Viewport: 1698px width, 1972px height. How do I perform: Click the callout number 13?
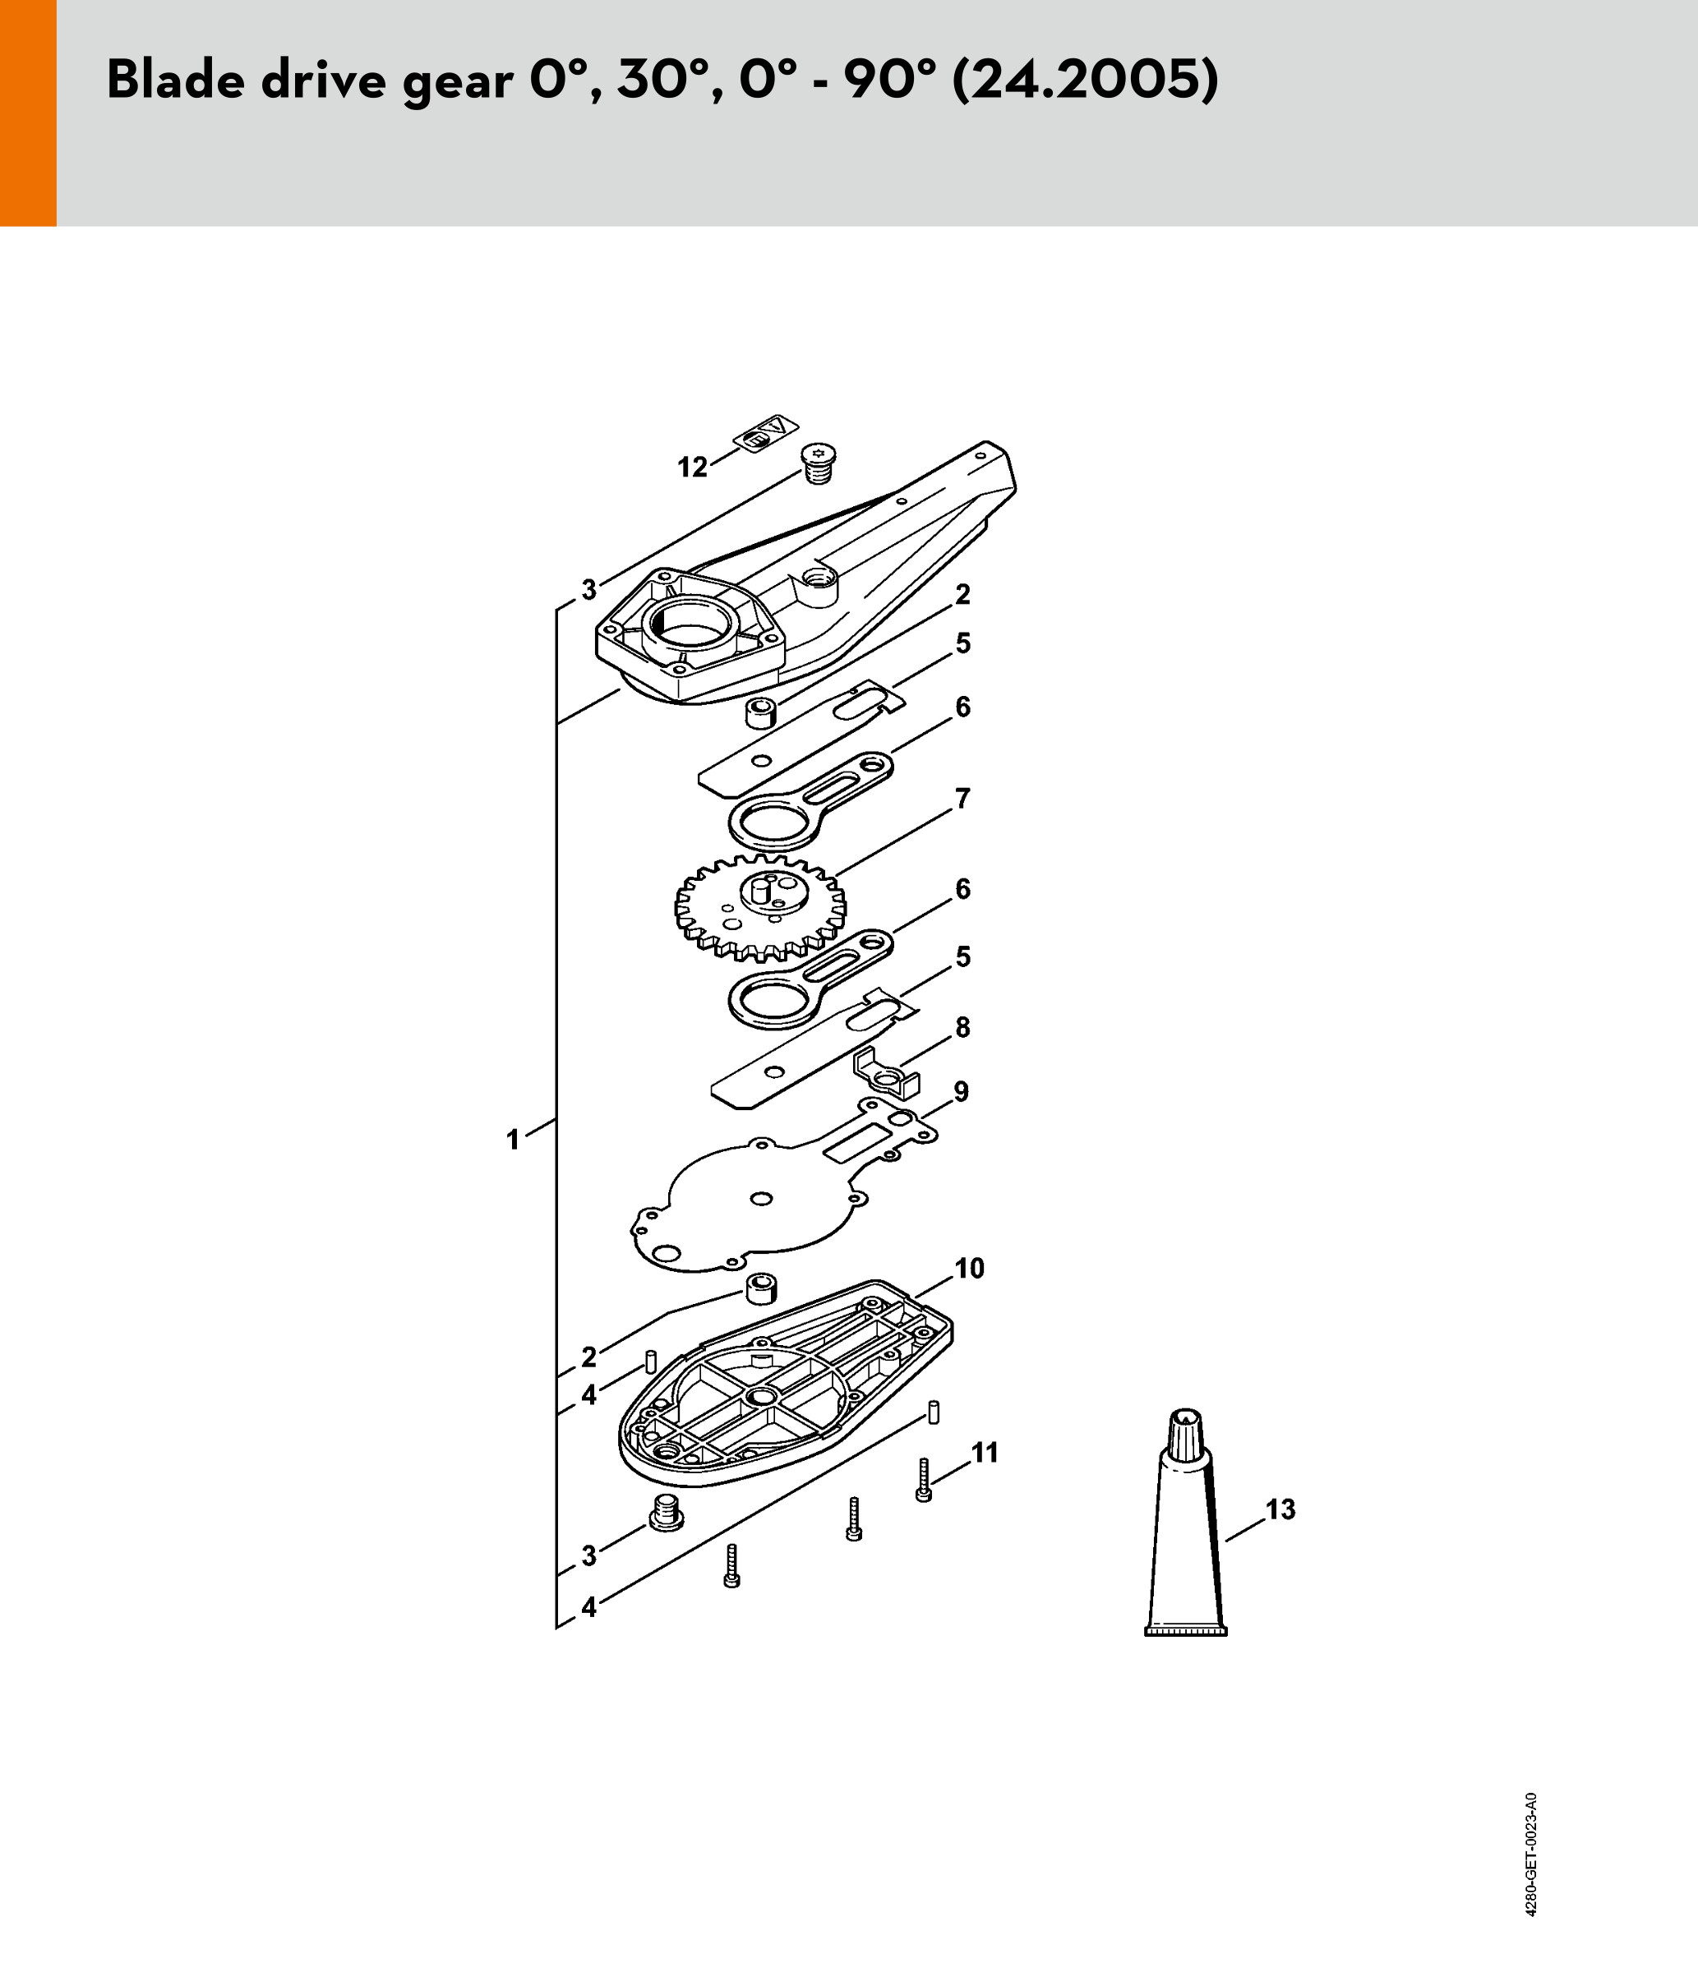pos(1281,1509)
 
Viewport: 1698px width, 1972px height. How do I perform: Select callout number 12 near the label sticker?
pos(693,468)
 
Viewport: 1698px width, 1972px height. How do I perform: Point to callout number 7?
pos(962,799)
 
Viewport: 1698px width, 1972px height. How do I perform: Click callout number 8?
pos(962,1027)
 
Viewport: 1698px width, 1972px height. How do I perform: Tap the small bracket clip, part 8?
pos(886,1072)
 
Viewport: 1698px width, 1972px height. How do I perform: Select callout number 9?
pos(962,1092)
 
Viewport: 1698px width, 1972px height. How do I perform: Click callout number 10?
pos(969,1268)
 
